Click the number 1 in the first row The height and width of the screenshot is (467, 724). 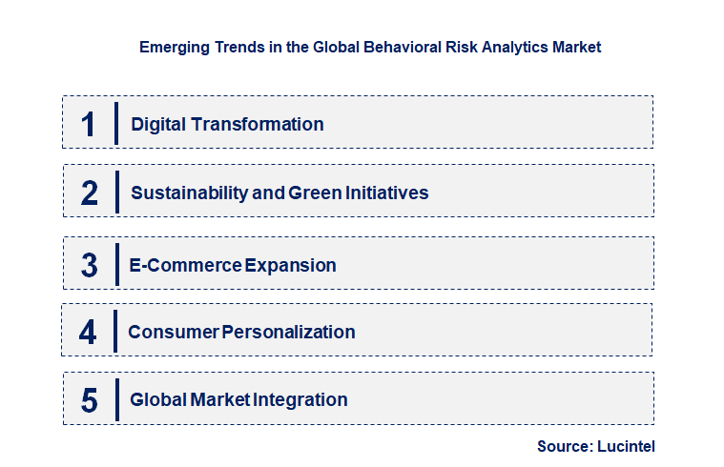click(x=89, y=124)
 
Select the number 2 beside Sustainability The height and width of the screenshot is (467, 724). click(x=90, y=193)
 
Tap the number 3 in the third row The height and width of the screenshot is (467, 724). click(x=90, y=265)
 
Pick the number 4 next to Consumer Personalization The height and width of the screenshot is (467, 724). click(x=88, y=332)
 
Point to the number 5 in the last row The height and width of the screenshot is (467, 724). click(x=90, y=400)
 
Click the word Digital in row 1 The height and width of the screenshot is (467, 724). click(x=158, y=124)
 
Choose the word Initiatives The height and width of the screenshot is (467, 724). click(x=387, y=193)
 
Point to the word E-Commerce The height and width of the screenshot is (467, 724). click(x=185, y=265)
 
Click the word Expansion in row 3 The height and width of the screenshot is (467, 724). click(x=291, y=265)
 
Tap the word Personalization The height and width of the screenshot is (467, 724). click(x=289, y=332)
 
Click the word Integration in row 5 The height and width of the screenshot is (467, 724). click(x=300, y=400)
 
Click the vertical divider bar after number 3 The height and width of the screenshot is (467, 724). click(x=116, y=263)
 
